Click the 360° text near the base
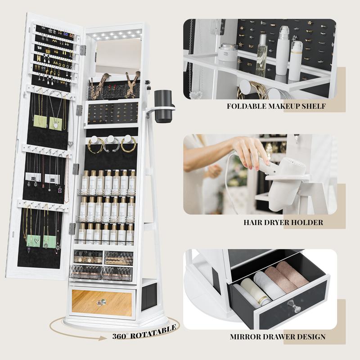tap(119, 336)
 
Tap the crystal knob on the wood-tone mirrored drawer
tap(102, 302)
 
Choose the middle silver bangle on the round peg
tap(111, 144)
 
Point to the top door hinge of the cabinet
tap(83, 50)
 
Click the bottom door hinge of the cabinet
tap(72, 229)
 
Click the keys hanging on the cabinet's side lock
tap(148, 85)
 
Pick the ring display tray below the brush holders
tap(113, 113)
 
